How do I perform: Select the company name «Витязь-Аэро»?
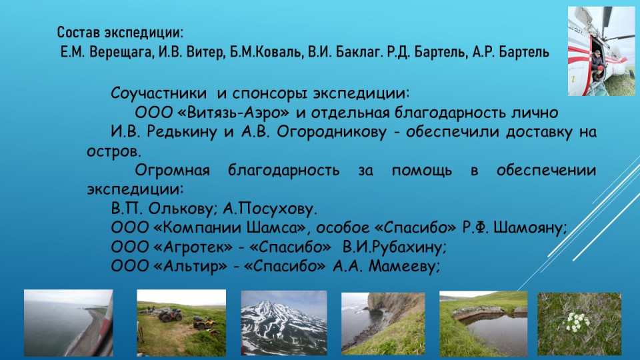pos(233,112)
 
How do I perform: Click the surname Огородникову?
pos(331,132)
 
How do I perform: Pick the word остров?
pos(114,152)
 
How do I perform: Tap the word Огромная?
pos(172,170)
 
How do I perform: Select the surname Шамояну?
pos(530,228)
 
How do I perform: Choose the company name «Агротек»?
pos(193,247)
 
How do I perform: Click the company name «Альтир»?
pos(190,266)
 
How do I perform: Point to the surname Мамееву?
pos(404,266)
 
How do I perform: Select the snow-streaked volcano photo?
pos(284,323)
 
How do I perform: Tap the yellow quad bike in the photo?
pos(205,324)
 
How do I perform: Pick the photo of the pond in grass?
pos(483,324)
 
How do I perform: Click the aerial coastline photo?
pos(69,323)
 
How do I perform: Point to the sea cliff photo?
pos(383,323)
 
